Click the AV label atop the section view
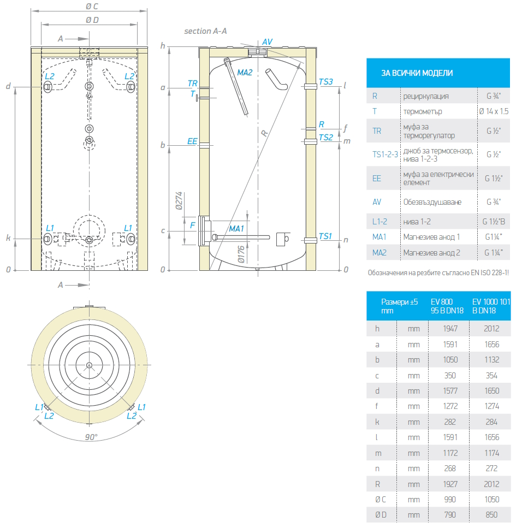click(267, 41)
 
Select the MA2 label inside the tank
click(245, 73)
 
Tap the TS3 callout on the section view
click(325, 82)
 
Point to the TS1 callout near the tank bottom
click(325, 236)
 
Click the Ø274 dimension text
click(179, 201)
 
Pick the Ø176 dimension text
click(240, 254)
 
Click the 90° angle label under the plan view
click(91, 437)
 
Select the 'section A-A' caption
click(205, 31)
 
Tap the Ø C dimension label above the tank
click(92, 7)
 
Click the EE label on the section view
click(192, 141)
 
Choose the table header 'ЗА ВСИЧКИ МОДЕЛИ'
click(417, 73)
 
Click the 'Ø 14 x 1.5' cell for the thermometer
click(494, 111)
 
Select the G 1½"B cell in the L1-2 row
click(494, 222)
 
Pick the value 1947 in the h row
click(450, 329)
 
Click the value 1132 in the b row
click(492, 360)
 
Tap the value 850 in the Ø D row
click(491, 514)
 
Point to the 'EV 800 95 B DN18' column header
click(447, 306)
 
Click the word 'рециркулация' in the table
click(426, 96)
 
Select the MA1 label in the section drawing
click(236, 229)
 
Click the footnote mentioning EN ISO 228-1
click(438, 273)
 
